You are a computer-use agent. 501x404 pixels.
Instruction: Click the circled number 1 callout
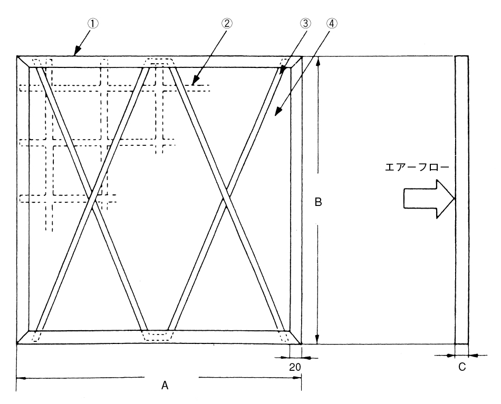click(93, 24)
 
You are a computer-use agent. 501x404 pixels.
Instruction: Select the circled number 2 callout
click(227, 23)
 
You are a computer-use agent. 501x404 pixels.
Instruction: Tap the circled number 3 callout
click(306, 23)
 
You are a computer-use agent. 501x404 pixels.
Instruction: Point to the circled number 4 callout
click(332, 23)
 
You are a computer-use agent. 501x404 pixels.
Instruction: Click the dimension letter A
click(165, 386)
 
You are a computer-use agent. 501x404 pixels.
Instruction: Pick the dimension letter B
click(318, 202)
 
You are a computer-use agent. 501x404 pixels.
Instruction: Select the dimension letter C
click(462, 367)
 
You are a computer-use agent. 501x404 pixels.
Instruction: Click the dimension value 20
click(295, 367)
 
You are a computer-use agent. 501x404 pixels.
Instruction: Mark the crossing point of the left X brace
click(93, 200)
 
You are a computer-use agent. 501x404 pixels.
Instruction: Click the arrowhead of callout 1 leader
click(76, 52)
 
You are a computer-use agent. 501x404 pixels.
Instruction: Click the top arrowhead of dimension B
click(317, 61)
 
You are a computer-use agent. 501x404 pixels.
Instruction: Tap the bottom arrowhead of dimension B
click(317, 340)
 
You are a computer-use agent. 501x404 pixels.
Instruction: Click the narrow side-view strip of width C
click(461, 200)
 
